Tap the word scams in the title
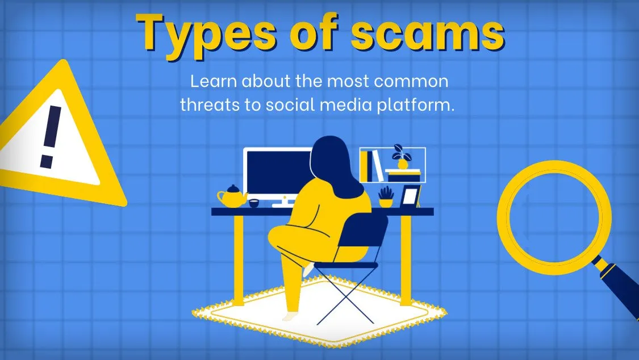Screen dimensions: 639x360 pyautogui.click(x=428, y=34)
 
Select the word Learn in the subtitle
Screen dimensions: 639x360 pyautogui.click(x=214, y=81)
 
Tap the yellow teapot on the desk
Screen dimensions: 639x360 pyautogui.click(x=232, y=196)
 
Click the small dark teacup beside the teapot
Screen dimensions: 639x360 pyautogui.click(x=254, y=203)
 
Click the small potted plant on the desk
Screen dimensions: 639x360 pyautogui.click(x=386, y=197)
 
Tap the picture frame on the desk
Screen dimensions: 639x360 pyautogui.click(x=410, y=196)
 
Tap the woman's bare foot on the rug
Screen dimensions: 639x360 pyautogui.click(x=291, y=316)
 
